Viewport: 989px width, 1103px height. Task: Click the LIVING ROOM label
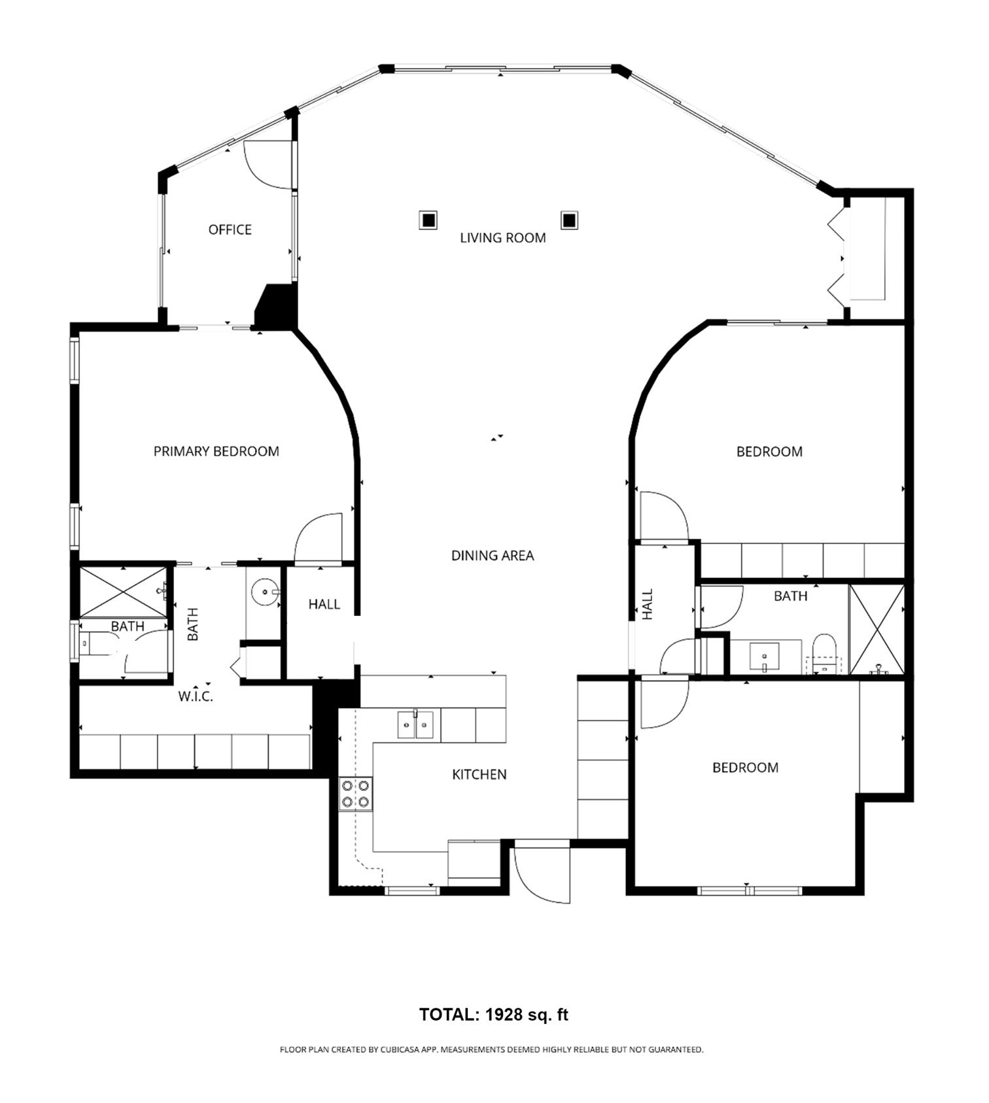502,238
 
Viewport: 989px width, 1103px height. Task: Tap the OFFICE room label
230,229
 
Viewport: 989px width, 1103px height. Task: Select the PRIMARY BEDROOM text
216,451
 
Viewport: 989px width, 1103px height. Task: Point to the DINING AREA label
493,556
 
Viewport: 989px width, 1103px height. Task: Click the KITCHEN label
479,775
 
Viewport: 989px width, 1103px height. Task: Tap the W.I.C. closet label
196,697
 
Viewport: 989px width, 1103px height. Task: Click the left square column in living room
428,220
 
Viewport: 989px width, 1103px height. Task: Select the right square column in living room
569,220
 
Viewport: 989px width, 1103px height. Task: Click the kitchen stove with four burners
355,794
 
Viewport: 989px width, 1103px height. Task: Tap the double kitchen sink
415,725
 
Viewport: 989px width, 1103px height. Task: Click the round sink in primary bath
266,593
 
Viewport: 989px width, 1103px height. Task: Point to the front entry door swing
542,875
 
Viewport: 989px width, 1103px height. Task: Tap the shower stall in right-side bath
876,630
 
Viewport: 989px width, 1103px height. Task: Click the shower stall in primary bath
124,592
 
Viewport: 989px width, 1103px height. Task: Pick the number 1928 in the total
504,1015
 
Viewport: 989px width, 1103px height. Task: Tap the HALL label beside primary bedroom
324,604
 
